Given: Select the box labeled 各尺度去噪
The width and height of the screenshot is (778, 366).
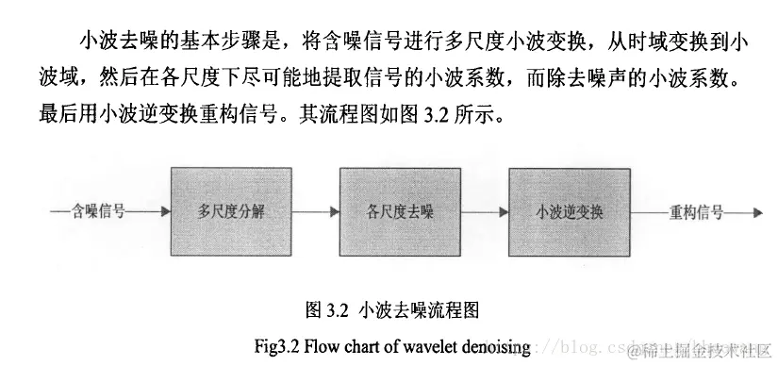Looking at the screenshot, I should (396, 209).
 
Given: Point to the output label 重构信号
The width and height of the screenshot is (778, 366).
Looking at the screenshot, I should (695, 211).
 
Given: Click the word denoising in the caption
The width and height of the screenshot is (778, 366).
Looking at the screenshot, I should (500, 343).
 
